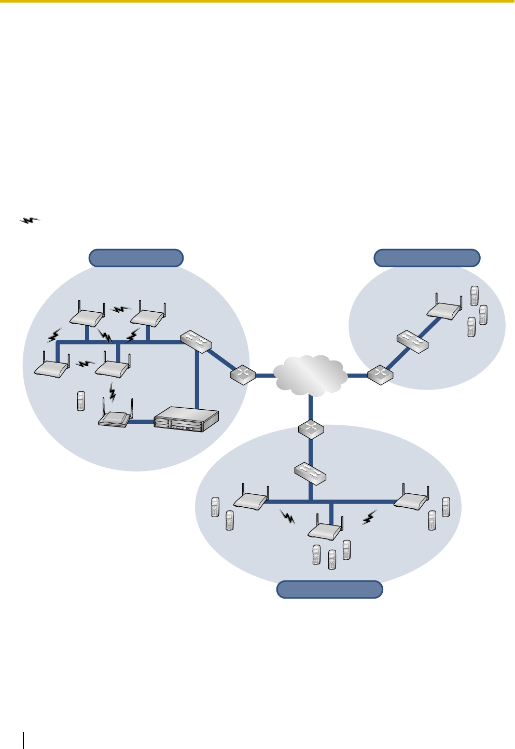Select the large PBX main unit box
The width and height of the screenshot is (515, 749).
click(x=187, y=419)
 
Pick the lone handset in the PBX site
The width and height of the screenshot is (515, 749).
click(x=80, y=401)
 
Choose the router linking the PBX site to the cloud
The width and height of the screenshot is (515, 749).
click(x=243, y=374)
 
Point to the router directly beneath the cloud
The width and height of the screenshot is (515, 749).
click(x=311, y=429)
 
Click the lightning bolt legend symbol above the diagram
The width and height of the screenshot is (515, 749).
click(x=30, y=220)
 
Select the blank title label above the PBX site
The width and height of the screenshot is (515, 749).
click(x=136, y=258)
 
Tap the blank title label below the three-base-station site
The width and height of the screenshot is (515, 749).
click(x=330, y=590)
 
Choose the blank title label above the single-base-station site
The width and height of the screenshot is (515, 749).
click(x=427, y=258)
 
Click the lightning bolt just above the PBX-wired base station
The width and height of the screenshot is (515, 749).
click(x=113, y=392)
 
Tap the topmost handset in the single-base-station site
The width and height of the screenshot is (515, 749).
click(x=474, y=296)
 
